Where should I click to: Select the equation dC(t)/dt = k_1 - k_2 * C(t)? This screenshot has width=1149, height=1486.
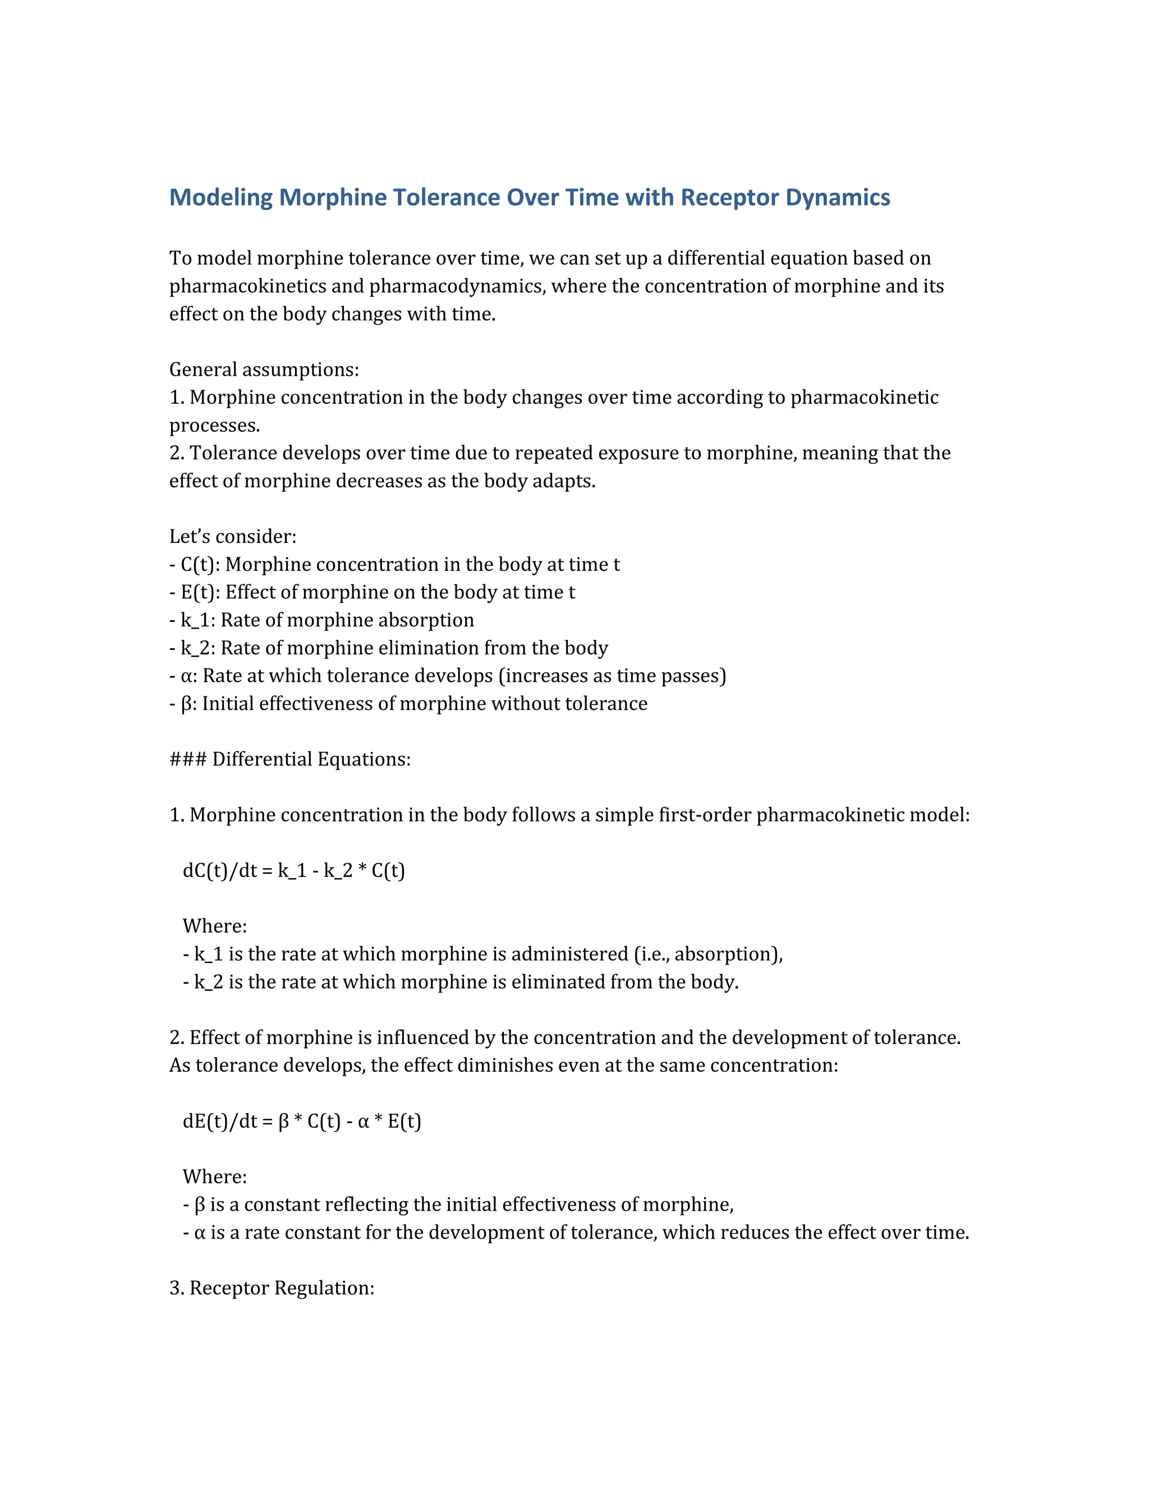(293, 870)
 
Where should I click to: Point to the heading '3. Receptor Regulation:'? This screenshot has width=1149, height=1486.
(272, 1288)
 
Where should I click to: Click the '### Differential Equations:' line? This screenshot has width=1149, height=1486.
(290, 759)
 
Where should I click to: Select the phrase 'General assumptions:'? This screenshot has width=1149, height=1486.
(264, 370)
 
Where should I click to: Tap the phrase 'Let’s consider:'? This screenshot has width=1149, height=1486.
(233, 536)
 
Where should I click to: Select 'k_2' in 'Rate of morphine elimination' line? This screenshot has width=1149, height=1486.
(195, 648)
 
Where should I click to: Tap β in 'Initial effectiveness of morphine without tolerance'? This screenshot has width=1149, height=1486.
(187, 704)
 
